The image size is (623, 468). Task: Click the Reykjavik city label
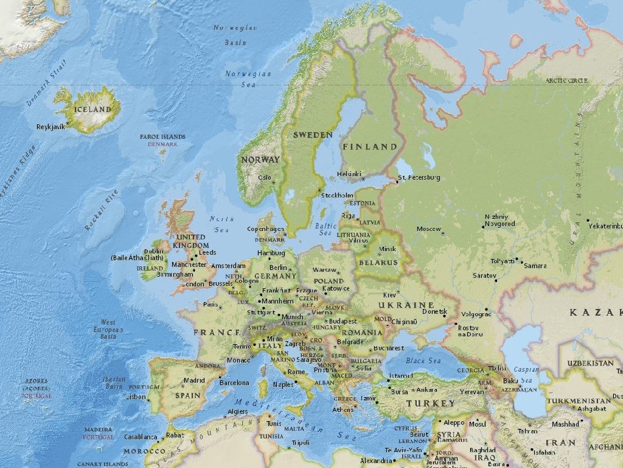[50, 127]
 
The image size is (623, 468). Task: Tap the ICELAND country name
[92, 110]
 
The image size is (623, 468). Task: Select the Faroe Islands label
[162, 137]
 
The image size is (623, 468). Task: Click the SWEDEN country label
[313, 135]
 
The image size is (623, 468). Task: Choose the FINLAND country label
[369, 147]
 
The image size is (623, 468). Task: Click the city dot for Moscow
[442, 233]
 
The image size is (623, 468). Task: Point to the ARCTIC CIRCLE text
[566, 80]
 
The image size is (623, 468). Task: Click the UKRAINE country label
[406, 305]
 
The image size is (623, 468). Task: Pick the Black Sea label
[423, 361]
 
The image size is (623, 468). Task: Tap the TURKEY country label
[431, 403]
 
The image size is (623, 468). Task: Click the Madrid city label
[194, 380]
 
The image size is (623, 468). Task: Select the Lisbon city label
[136, 397]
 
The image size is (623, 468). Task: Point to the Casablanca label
[141, 437]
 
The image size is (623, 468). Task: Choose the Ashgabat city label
[592, 409]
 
